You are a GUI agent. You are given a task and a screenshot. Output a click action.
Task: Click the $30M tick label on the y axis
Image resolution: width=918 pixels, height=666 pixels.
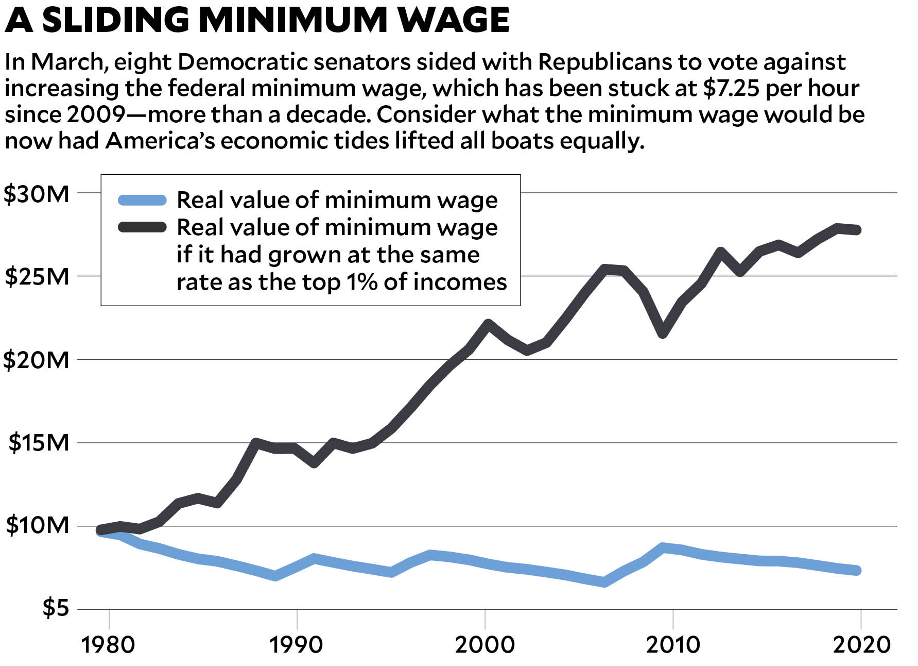click(36, 194)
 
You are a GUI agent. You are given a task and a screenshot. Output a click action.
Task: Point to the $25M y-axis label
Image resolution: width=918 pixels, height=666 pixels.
click(37, 277)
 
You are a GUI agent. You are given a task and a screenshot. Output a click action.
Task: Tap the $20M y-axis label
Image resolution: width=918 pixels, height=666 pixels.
click(36, 360)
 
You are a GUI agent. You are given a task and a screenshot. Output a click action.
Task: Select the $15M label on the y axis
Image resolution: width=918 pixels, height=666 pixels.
click(38, 443)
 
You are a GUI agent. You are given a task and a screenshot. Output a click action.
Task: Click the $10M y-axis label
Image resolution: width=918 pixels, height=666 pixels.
click(37, 526)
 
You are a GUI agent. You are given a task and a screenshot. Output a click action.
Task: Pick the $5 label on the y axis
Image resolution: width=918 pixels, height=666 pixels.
click(55, 609)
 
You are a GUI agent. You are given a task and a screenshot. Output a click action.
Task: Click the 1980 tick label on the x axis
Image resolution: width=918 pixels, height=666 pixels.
click(108, 645)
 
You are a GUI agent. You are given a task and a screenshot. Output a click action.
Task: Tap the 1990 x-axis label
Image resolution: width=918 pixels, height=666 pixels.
click(297, 645)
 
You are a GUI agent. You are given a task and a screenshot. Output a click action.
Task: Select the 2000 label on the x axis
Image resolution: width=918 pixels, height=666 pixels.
click(484, 645)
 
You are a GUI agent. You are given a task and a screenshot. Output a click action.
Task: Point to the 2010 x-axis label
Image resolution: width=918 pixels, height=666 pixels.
click(673, 645)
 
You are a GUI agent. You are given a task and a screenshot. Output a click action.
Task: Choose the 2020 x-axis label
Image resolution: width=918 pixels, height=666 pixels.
click(861, 645)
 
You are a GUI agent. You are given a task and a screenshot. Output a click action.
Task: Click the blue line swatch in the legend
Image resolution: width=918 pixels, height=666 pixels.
click(142, 200)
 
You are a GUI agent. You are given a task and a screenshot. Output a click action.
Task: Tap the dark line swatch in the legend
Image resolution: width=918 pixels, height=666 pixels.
click(142, 227)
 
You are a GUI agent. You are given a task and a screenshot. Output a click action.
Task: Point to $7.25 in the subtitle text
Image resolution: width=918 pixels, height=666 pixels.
click(731, 89)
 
